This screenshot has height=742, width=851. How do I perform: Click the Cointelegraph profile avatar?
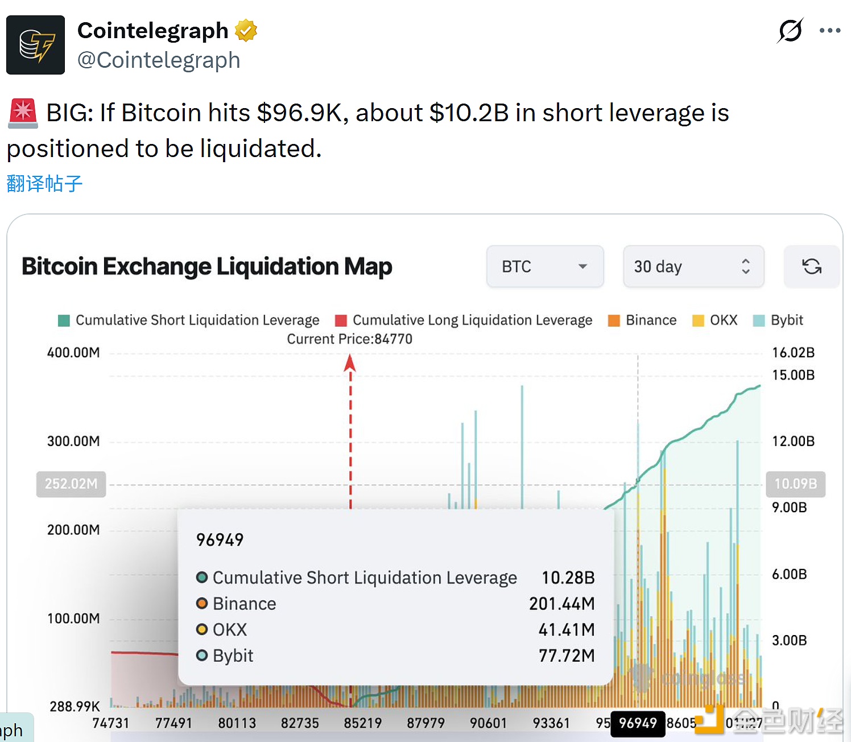35,45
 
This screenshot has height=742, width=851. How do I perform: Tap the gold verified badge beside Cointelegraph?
246,31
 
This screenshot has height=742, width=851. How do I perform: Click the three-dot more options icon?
829,31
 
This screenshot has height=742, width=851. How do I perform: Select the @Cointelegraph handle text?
159,60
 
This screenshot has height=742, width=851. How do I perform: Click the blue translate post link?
44,183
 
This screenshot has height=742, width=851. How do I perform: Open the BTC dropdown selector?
544,266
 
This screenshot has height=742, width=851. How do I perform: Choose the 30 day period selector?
693,266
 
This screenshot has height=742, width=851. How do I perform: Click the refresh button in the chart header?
811,266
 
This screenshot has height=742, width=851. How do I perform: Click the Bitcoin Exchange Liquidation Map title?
206,266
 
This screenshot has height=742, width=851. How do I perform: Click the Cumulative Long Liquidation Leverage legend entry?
464,320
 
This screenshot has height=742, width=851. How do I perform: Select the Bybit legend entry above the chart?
778,320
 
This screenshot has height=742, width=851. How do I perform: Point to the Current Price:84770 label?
349,339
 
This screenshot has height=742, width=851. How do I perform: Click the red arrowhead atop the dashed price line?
350,362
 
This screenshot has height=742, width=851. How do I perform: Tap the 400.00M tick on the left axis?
73,353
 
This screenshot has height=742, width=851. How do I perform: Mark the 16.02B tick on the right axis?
793,353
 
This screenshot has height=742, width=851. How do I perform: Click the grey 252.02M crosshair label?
71,484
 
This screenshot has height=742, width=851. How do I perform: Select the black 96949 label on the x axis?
638,723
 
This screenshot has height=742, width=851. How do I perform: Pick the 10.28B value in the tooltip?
568,578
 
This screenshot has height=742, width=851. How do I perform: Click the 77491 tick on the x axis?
173,723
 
